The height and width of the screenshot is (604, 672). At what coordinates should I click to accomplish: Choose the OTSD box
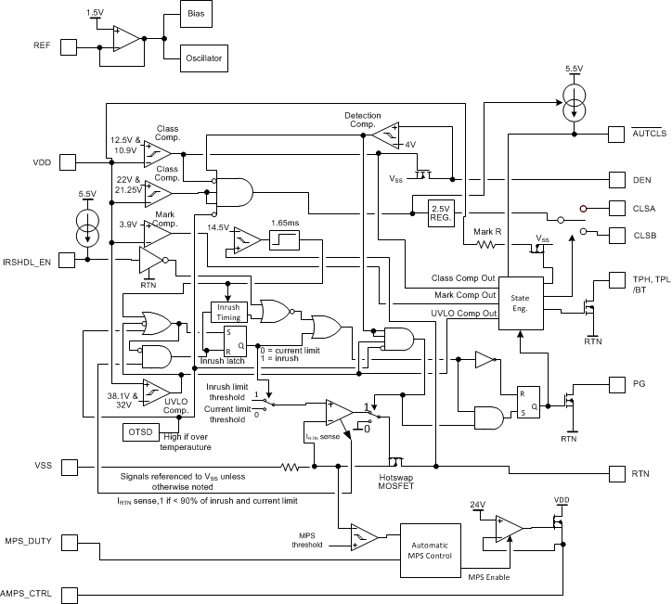tap(141, 431)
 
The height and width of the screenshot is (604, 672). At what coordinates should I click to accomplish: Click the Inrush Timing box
tap(228, 312)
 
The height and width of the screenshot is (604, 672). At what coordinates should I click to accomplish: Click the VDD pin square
tap(68, 163)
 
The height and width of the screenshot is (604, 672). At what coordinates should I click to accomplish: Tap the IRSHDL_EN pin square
tap(68, 261)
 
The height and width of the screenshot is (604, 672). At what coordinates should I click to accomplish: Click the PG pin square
tap(617, 382)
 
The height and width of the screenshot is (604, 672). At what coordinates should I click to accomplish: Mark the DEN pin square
tap(617, 179)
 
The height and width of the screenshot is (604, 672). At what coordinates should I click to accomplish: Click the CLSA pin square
tap(617, 209)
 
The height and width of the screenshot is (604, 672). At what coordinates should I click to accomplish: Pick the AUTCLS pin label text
tap(650, 134)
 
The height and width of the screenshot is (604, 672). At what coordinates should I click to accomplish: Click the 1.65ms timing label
tap(285, 225)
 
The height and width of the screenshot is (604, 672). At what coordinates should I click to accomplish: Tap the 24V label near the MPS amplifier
tap(477, 505)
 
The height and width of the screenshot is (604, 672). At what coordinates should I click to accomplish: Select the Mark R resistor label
tap(487, 231)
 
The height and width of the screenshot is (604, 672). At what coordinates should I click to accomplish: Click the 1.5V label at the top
tap(95, 11)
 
